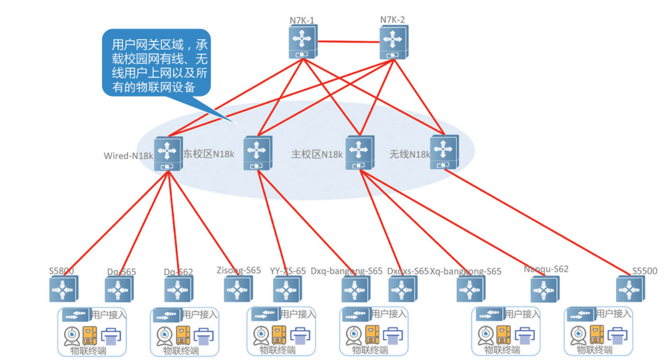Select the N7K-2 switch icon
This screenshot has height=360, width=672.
pos(393,42)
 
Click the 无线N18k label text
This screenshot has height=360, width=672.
pos(410,154)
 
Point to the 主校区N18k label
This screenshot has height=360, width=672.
pos(317,154)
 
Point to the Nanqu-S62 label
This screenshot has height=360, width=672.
pos(546,269)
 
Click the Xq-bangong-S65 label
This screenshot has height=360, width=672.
pos(465,271)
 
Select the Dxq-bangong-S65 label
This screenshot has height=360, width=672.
pos(347,271)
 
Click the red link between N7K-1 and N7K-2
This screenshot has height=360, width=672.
pos(348,42)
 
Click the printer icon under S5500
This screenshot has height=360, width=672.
pos(618,336)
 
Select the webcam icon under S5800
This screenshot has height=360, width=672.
pos(73,336)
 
